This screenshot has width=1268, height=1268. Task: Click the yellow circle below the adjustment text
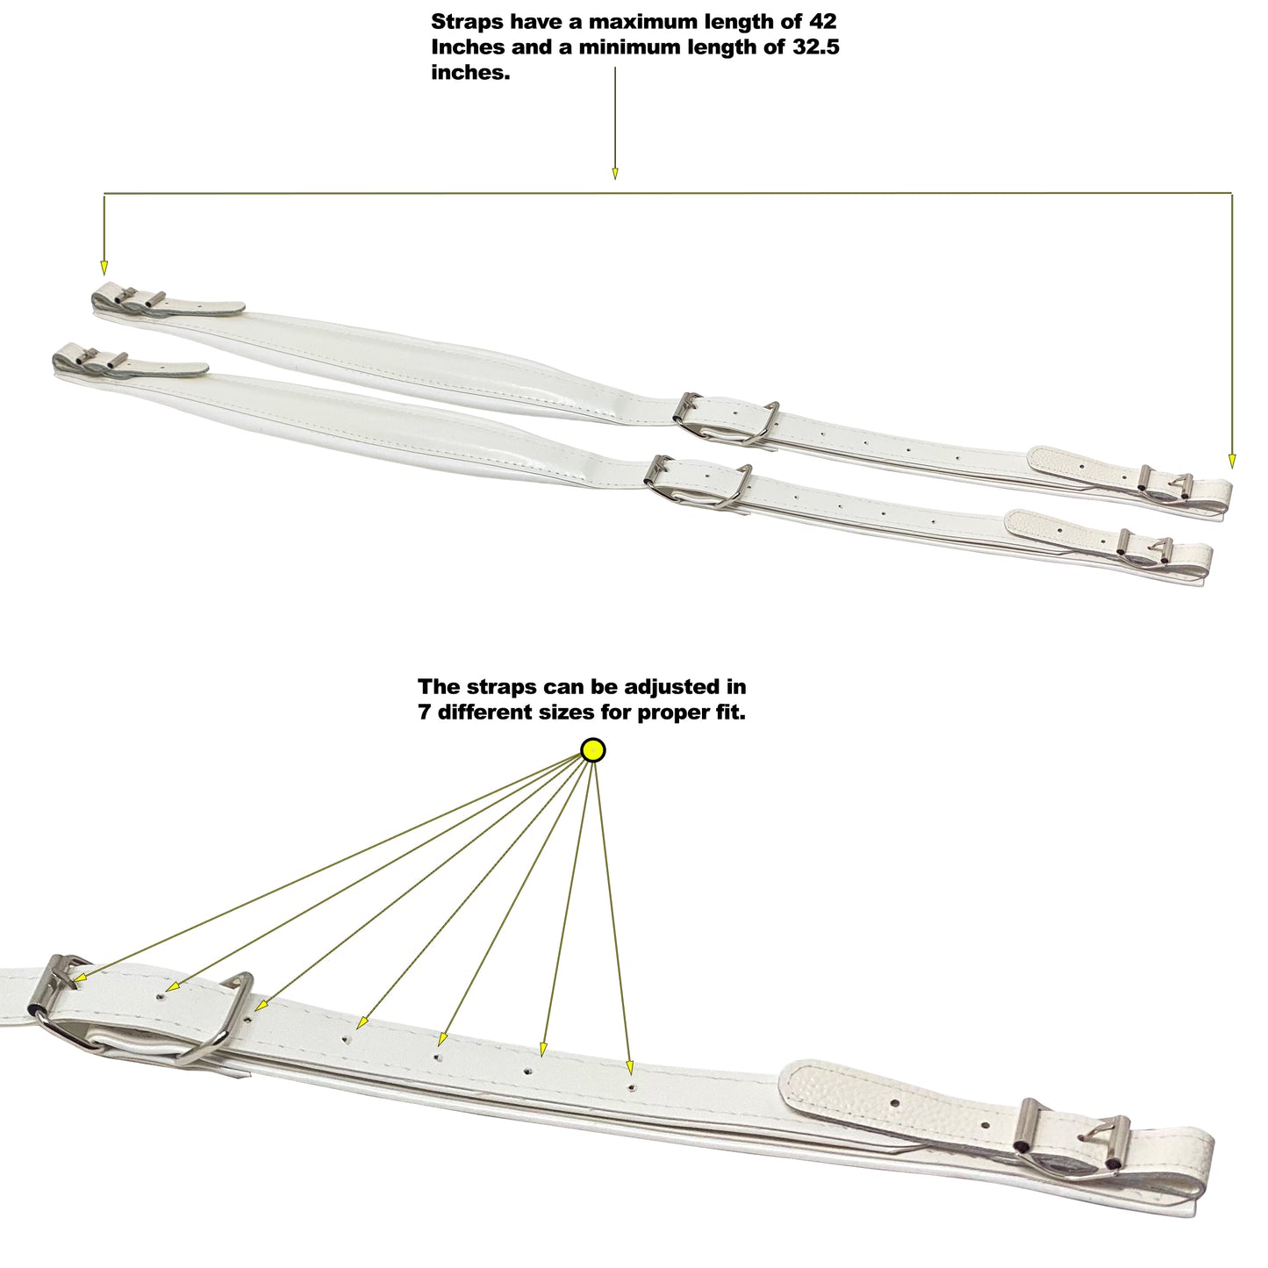[x=593, y=750]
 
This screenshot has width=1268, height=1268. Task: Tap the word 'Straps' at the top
[x=466, y=22]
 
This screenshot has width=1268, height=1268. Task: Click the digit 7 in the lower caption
[x=425, y=712]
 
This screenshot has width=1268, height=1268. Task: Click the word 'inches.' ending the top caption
[x=469, y=73]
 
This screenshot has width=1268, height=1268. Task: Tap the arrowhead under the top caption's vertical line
[x=614, y=173]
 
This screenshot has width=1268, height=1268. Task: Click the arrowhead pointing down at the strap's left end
[x=104, y=268]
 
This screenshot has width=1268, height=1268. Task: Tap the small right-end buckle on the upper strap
[x=1165, y=485]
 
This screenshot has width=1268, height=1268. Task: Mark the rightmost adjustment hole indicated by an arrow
[x=631, y=1087]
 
